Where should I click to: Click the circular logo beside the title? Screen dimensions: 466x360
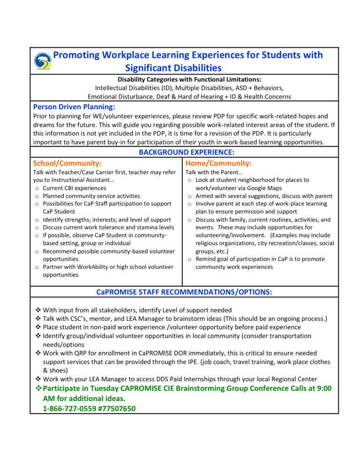[x=43, y=61]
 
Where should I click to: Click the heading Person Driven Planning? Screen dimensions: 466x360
[x=74, y=107]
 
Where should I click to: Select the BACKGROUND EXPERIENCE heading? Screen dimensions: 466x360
[x=186, y=152]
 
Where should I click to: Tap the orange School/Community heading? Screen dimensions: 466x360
[x=67, y=163]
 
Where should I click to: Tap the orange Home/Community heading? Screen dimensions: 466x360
[x=218, y=163]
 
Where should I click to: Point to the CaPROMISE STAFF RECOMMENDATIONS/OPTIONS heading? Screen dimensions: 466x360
[x=184, y=292]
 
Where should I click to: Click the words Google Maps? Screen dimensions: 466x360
[x=261, y=188]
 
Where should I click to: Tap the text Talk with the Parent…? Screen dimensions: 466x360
[x=208, y=172]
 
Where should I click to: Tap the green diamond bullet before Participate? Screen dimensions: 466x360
[x=38, y=388]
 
